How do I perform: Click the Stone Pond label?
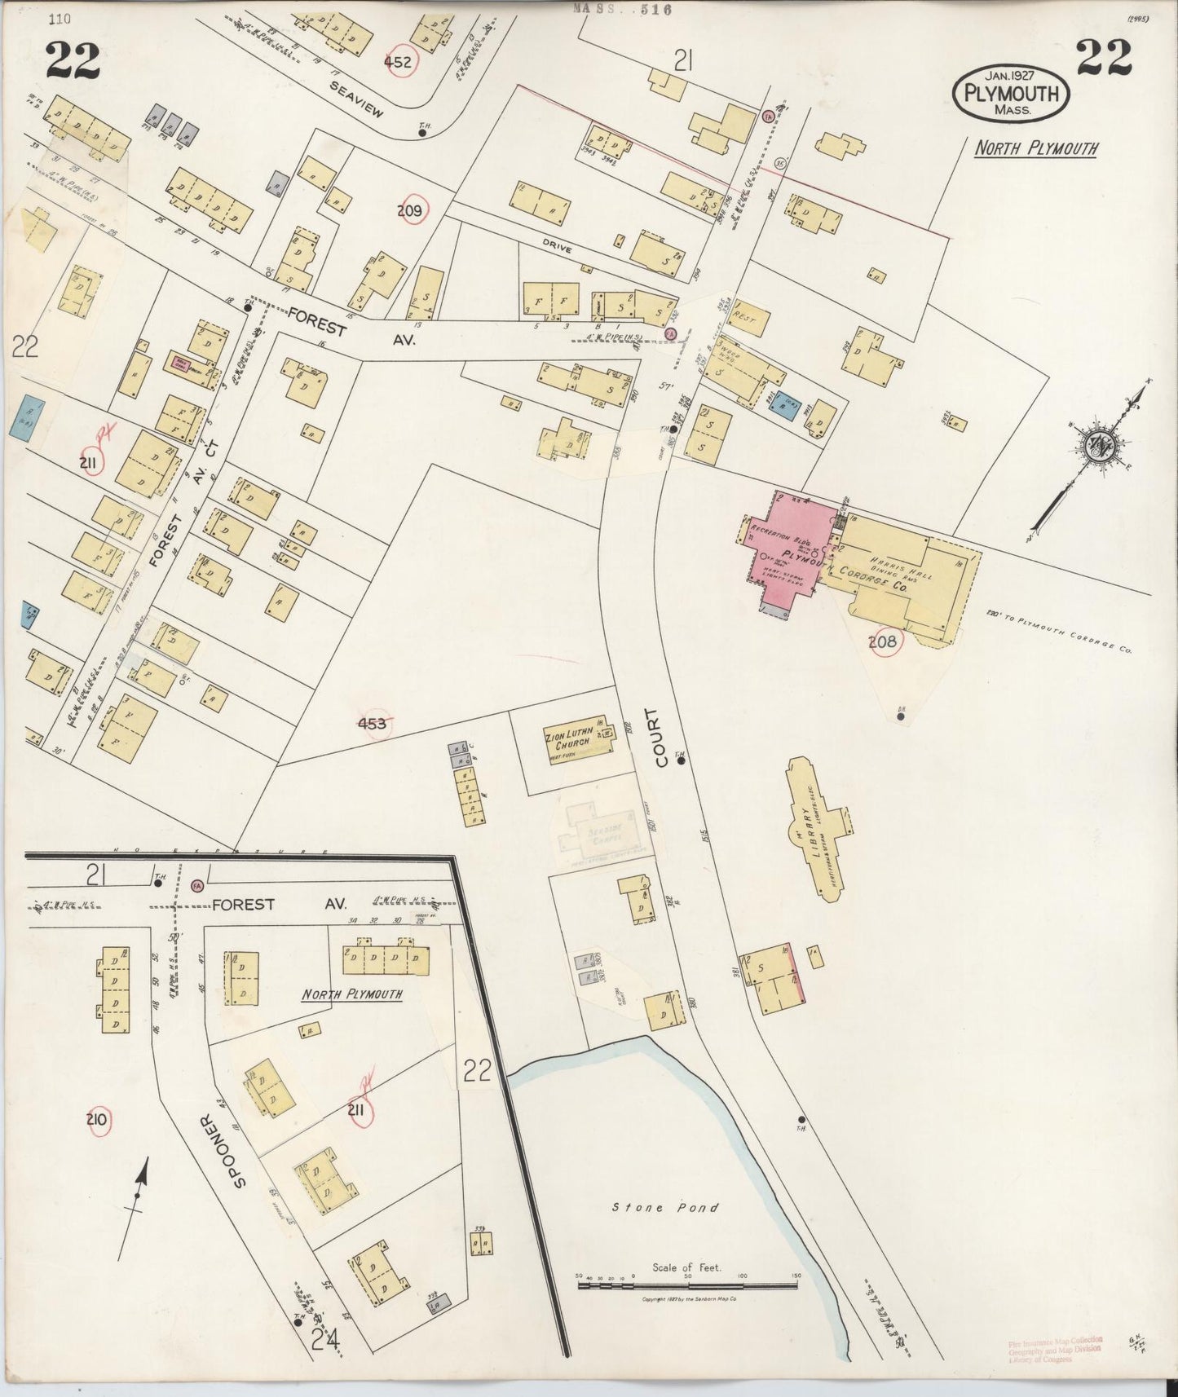[x=665, y=1207]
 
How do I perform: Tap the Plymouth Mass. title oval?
[x=1011, y=94]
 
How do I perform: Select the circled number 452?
[x=400, y=62]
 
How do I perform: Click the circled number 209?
[x=409, y=212]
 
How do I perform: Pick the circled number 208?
[x=882, y=642]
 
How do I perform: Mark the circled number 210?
[x=96, y=1120]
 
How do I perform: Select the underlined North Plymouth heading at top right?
[x=1035, y=148]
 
